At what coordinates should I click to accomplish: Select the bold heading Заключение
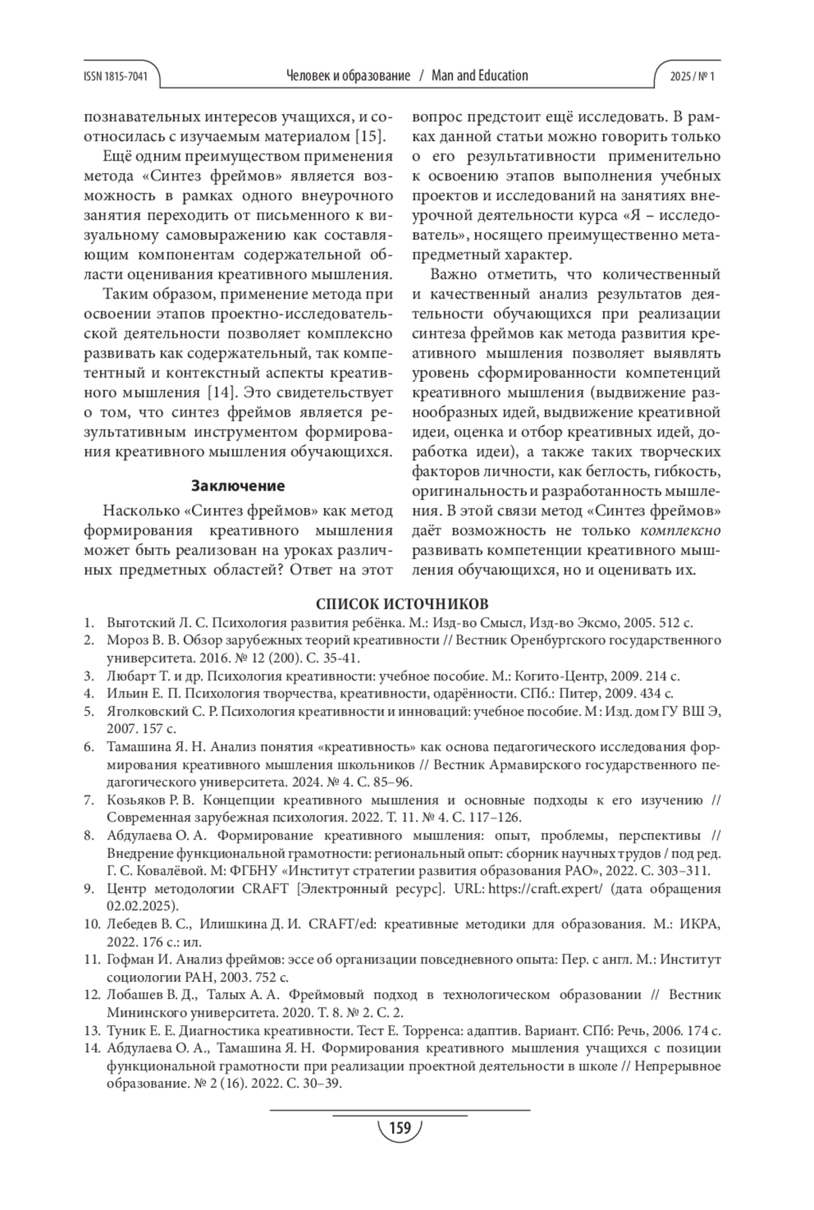237,486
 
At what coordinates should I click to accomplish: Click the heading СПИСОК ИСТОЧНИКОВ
402,604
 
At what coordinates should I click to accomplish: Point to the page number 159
400,1128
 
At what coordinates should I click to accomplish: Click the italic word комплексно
680,530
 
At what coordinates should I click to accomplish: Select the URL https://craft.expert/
545,889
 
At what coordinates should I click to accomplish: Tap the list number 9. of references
89,889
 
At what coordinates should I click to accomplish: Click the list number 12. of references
92,995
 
